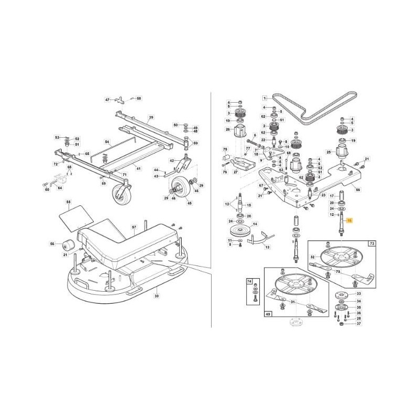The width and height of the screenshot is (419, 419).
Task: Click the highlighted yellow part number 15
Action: (x=350, y=222)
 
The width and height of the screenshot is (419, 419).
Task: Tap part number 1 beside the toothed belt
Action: (x=265, y=98)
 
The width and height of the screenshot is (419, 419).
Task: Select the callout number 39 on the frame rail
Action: (x=151, y=117)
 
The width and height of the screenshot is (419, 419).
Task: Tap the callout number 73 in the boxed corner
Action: (x=372, y=244)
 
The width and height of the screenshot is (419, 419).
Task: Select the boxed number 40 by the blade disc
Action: (x=268, y=315)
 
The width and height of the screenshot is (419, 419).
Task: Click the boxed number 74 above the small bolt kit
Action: (x=249, y=281)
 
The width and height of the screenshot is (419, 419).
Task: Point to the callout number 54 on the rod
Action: (x=106, y=142)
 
